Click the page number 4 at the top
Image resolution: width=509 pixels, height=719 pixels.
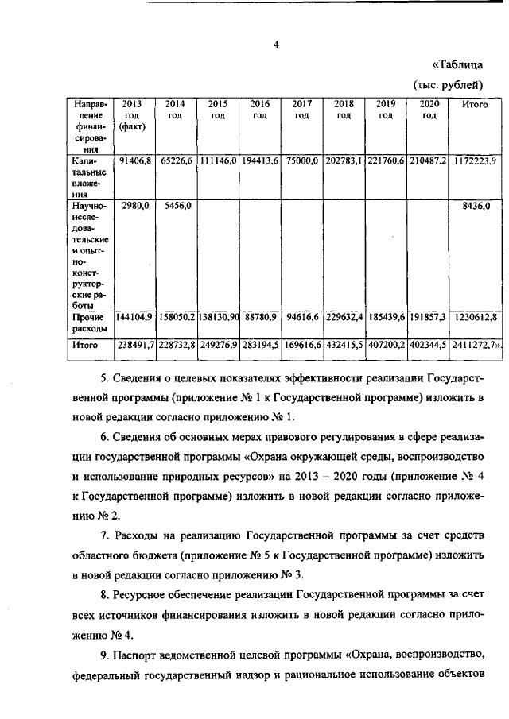point(274,44)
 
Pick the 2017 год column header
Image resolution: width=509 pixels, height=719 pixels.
point(301,110)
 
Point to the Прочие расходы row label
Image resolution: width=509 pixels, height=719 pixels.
point(86,323)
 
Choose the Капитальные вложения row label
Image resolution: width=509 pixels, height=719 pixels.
point(86,176)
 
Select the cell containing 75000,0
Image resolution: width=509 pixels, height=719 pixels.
point(303,160)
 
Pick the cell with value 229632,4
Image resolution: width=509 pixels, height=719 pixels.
point(344,317)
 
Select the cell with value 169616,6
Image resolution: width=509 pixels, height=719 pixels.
point(301,346)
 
